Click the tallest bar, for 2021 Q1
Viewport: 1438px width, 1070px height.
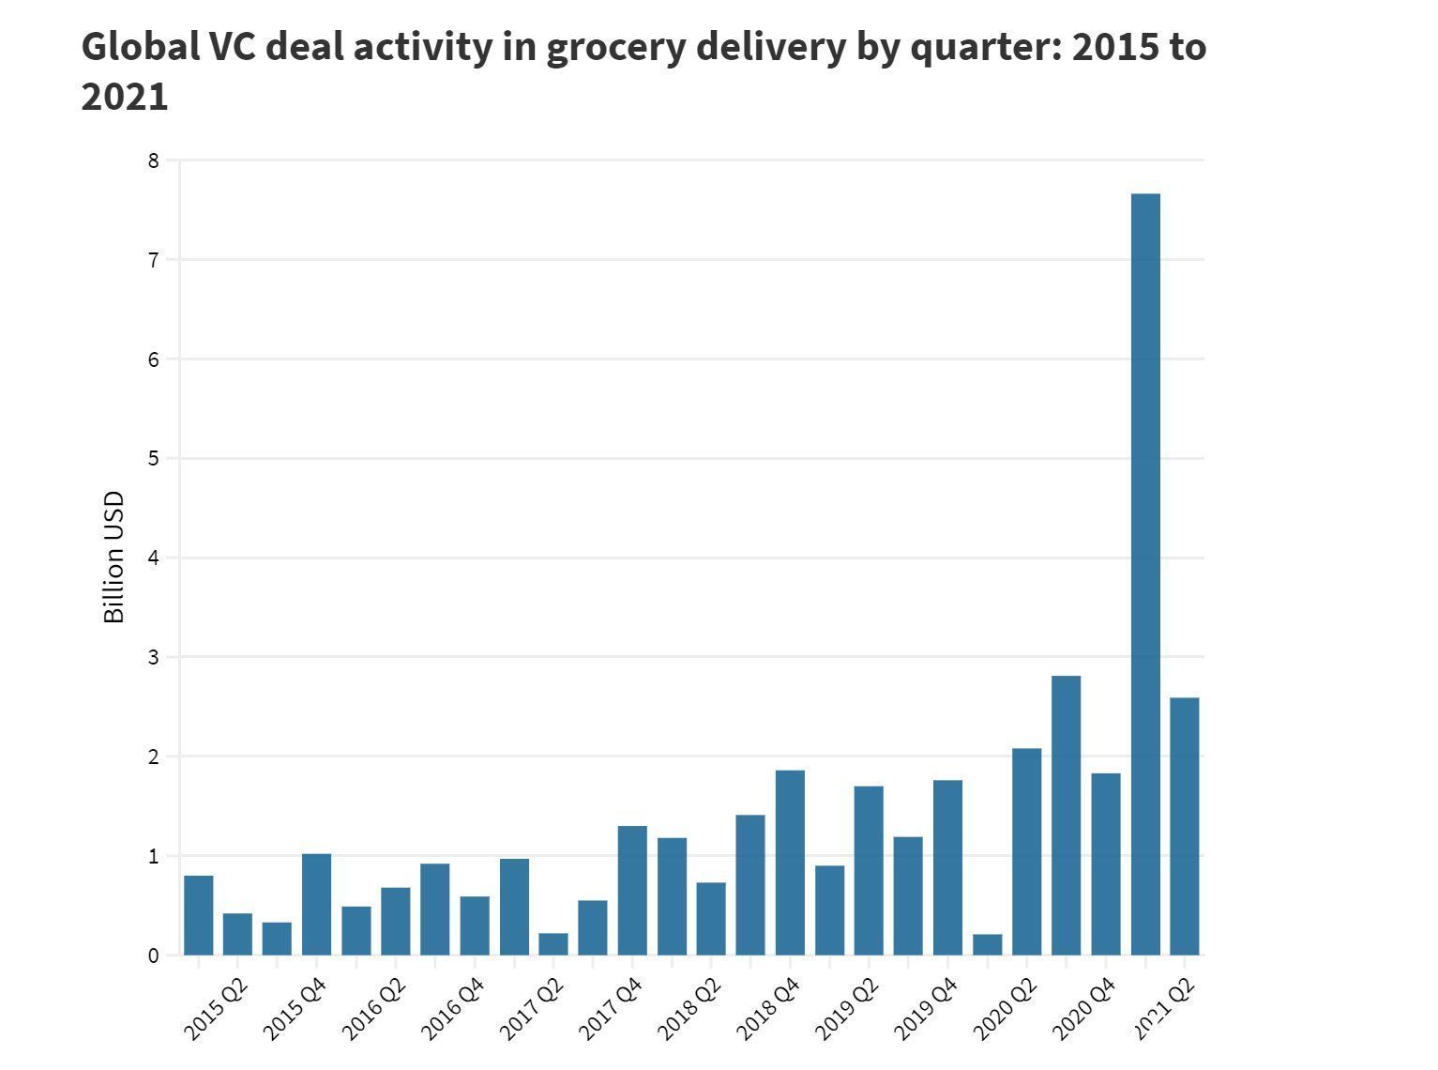click(x=1145, y=573)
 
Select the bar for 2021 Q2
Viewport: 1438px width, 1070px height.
click(x=1184, y=826)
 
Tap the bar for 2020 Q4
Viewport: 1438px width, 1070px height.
click(x=1105, y=864)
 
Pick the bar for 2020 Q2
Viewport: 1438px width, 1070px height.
click(x=1026, y=851)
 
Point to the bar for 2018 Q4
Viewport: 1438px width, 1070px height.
click(x=790, y=863)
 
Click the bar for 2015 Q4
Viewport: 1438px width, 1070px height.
click(x=316, y=904)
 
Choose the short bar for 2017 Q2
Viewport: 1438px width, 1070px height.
click(x=553, y=943)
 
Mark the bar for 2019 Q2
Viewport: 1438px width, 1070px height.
click(x=869, y=870)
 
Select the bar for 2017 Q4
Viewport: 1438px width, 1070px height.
click(x=632, y=891)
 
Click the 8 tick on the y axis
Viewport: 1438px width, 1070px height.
click(x=154, y=160)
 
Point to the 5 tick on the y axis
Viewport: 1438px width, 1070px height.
click(x=154, y=459)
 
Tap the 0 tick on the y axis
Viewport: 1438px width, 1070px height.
click(x=154, y=955)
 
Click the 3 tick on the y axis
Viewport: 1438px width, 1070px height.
click(x=154, y=657)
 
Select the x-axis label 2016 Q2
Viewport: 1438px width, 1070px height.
click(x=374, y=1009)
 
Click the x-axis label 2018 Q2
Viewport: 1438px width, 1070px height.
click(x=689, y=1009)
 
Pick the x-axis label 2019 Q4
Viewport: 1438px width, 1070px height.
click(x=926, y=1009)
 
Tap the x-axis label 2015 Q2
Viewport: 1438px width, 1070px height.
click(x=217, y=1009)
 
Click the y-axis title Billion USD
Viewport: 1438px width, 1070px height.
click(x=114, y=558)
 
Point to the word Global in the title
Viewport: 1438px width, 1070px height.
click(x=141, y=47)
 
